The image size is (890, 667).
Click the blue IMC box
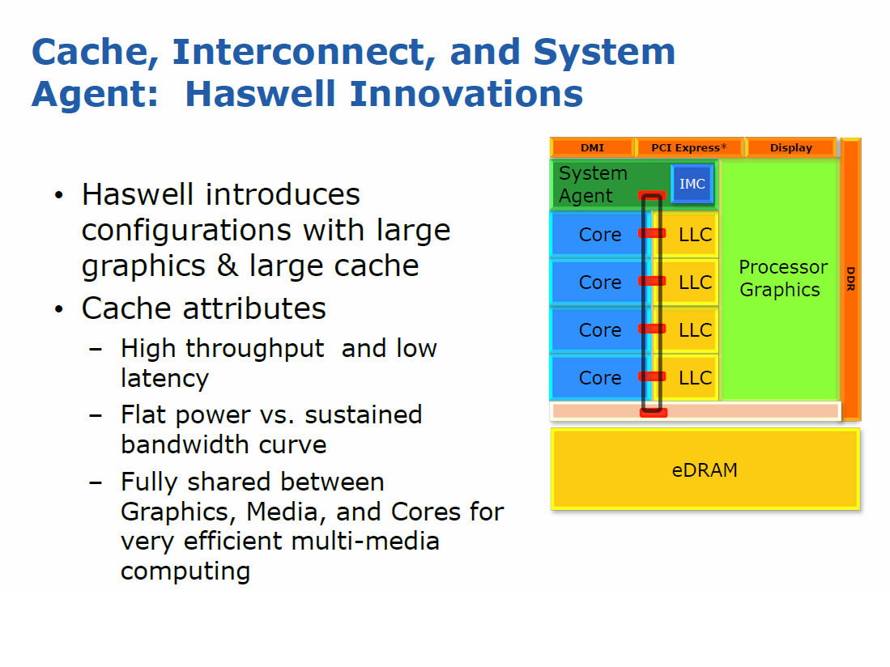tap(692, 184)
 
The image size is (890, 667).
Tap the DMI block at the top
tap(592, 147)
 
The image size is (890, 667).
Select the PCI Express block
tap(689, 147)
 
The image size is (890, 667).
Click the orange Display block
tap(790, 147)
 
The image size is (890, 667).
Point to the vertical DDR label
tap(850, 278)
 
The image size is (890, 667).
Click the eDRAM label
tap(705, 470)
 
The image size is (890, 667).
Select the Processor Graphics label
tap(783, 278)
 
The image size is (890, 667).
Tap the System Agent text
tap(593, 185)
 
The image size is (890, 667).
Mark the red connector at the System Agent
tap(652, 196)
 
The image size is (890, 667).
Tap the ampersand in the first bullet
tap(228, 266)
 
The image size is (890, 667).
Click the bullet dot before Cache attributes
tap(59, 309)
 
